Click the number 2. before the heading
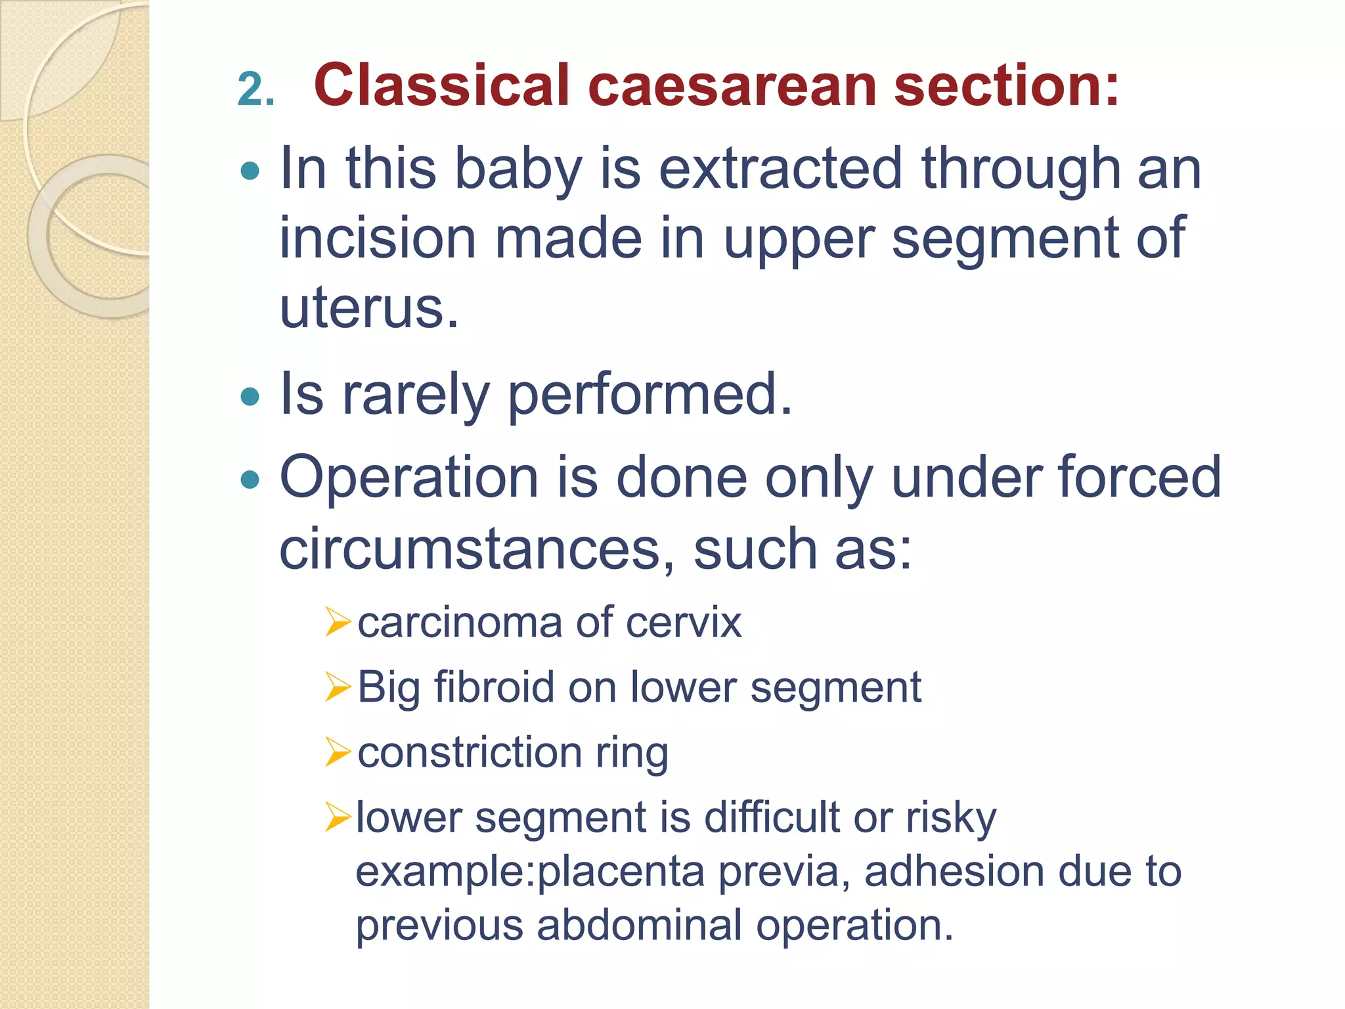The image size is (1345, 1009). (255, 89)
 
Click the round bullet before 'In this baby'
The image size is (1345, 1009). (250, 172)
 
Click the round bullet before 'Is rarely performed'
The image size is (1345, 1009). (250, 397)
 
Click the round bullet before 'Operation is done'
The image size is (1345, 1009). (250, 480)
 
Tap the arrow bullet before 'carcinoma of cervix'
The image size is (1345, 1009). (338, 622)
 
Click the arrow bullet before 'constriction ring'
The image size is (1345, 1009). (338, 752)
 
